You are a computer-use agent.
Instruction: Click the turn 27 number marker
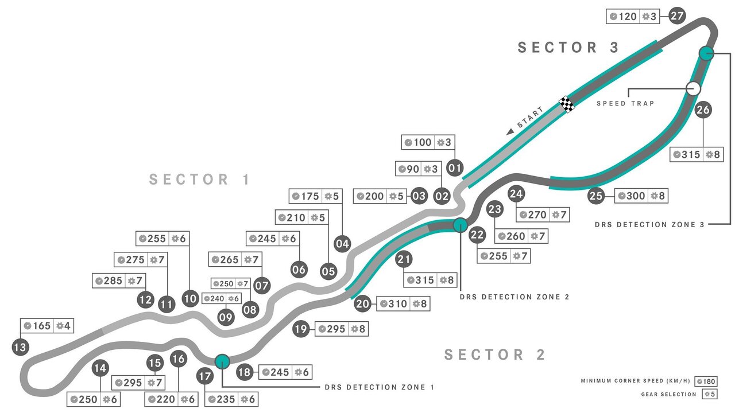coord(678,16)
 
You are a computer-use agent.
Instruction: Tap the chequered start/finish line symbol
coord(567,104)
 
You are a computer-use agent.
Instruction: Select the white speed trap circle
coord(694,88)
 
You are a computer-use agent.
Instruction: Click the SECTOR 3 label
coord(568,48)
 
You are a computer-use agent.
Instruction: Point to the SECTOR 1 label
coord(200,180)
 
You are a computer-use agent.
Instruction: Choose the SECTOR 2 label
coord(495,355)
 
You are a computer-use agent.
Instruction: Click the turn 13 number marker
coord(20,346)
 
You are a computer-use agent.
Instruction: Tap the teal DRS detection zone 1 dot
coord(222,361)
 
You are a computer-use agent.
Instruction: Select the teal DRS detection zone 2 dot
coord(460,225)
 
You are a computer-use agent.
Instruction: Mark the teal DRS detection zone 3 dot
coord(706,53)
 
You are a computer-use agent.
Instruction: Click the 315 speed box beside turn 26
coord(687,154)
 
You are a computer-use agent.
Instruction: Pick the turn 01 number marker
coord(455,168)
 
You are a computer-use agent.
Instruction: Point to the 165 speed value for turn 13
coord(41,326)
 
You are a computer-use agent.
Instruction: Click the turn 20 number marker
coord(362,304)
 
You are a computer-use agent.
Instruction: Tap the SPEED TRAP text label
coord(625,104)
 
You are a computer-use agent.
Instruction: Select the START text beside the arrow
coord(529,117)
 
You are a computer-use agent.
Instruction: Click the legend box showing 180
coord(705,381)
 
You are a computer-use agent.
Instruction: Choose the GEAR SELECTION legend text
coord(668,394)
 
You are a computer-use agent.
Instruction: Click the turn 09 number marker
coord(226,316)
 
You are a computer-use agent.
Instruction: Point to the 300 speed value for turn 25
coord(636,196)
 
